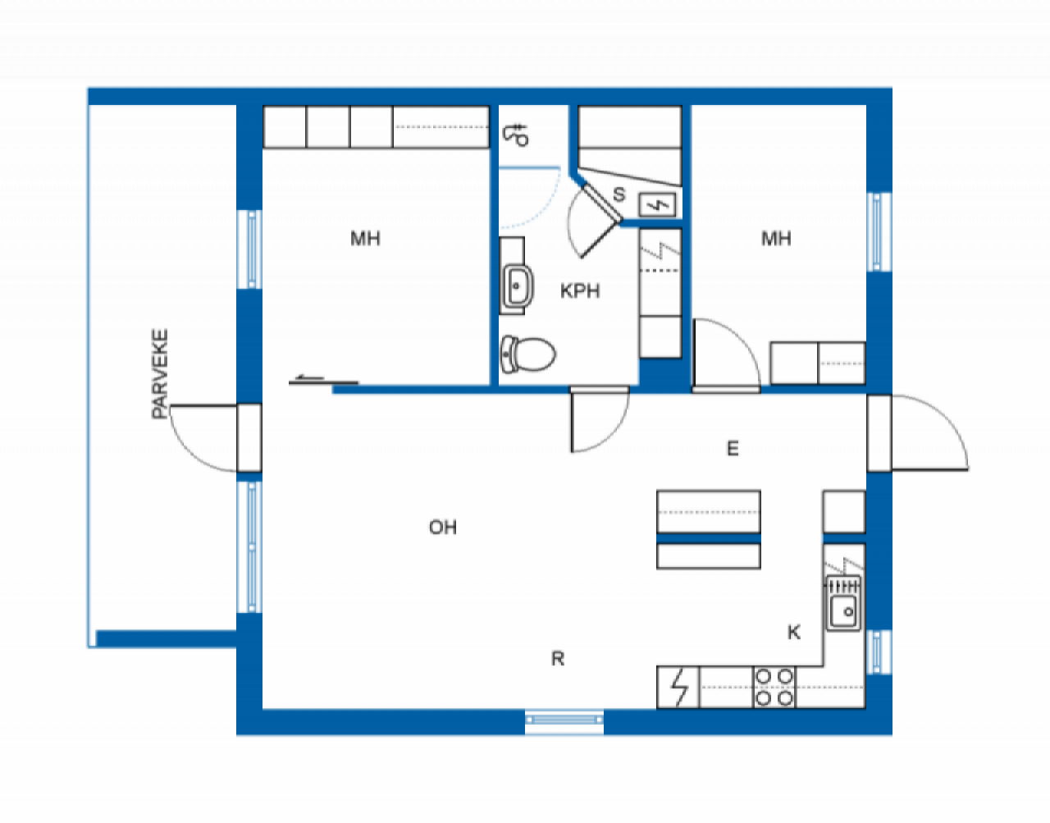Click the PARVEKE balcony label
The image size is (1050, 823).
tap(160, 373)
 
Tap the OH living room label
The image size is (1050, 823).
tap(443, 527)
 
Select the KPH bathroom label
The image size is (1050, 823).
tap(580, 291)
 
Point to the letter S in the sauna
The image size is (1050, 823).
tap(619, 194)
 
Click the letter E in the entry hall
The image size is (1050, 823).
tap(733, 449)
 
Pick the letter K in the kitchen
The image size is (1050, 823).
tap(794, 632)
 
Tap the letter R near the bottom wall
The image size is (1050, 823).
tap(558, 658)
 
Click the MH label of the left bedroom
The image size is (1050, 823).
tap(365, 238)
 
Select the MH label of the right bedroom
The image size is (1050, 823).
tap(776, 238)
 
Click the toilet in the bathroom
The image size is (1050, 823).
tap(527, 354)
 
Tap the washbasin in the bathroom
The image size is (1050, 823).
tap(517, 286)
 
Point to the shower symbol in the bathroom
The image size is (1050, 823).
tap(516, 135)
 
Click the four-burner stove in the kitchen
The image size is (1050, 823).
tap(774, 687)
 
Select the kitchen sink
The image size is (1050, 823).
tap(843, 603)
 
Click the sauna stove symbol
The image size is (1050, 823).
tap(657, 205)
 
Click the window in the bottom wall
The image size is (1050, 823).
tap(564, 720)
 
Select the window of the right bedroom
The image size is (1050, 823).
tap(879, 232)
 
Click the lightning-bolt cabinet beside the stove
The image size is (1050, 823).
tap(678, 687)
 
